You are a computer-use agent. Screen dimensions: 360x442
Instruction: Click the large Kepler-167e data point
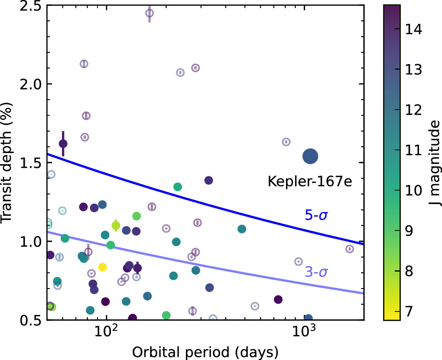310,156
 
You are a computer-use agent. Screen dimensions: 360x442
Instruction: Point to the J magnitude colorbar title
434,163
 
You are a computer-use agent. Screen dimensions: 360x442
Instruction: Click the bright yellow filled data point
103,267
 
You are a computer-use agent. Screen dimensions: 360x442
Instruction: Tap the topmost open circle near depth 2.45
149,13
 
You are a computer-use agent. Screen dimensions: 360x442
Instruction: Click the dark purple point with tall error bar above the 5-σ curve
63,143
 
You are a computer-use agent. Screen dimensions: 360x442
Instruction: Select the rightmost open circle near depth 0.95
350,249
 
